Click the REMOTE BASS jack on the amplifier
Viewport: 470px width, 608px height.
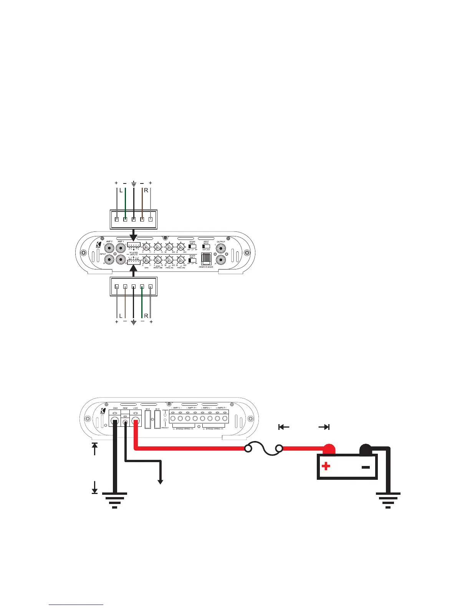206,259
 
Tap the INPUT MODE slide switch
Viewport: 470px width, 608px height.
206,246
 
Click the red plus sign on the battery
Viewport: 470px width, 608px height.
326,466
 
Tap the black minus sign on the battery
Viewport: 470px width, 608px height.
366,467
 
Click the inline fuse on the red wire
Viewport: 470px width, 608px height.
264,448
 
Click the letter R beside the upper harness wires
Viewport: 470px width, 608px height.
146,190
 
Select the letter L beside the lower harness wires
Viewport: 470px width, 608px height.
121,316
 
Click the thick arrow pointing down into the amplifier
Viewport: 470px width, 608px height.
134,233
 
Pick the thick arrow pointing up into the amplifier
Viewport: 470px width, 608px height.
134,271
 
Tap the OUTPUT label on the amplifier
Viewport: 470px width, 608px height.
221,242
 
